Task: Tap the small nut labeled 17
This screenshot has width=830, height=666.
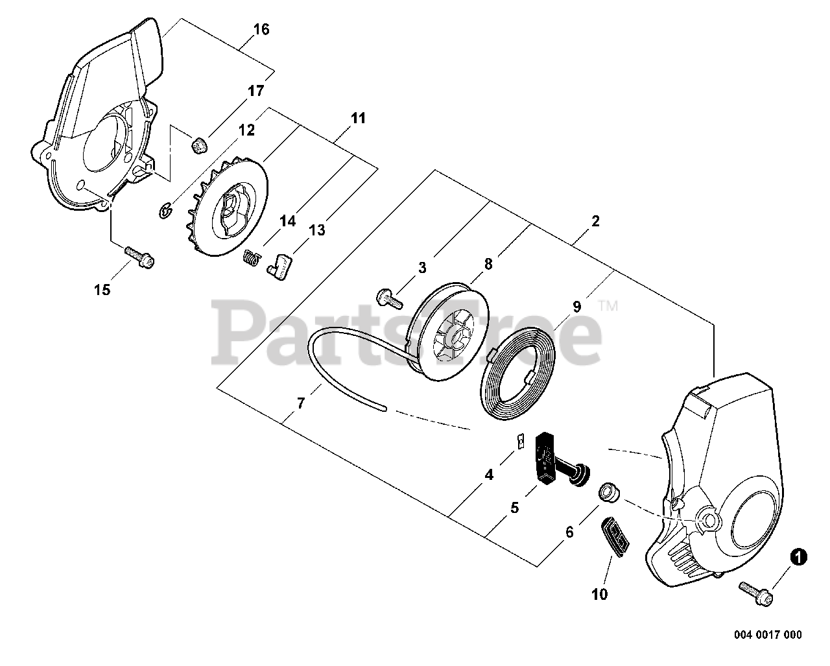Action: coord(199,146)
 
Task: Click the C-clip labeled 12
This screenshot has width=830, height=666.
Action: coord(166,209)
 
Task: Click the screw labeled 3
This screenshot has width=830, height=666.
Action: coord(388,298)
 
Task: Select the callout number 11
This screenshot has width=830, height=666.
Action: coord(358,118)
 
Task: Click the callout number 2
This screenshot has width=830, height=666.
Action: coord(595,220)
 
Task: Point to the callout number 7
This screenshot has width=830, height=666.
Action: coord(300,403)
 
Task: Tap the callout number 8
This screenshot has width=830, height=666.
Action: coord(488,263)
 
